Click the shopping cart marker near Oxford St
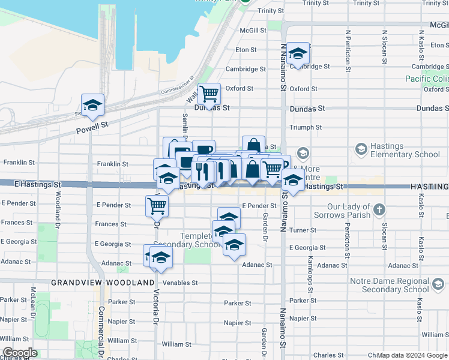coord(209,94)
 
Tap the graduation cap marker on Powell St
coord(92,105)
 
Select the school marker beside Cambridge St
coord(298,53)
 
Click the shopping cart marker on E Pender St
coord(157,206)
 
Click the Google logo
coord(20,353)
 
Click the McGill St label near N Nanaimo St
coord(253,30)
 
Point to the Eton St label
coord(246,50)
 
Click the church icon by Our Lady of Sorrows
coord(379,210)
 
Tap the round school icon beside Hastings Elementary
coord(361,148)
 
